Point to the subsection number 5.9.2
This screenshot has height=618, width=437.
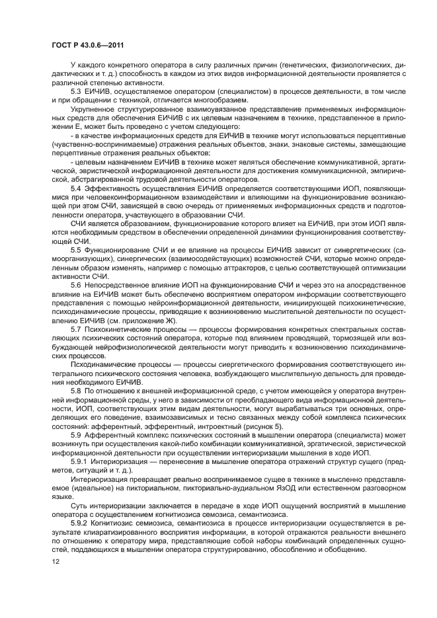(79, 521)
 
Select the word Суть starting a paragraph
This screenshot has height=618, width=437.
(79, 504)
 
